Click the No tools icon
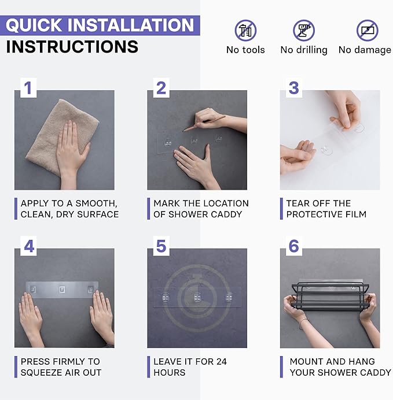[245, 31]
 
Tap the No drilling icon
[304, 31]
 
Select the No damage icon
[367, 31]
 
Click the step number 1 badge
[28, 88]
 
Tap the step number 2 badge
[161, 88]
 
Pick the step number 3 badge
[293, 88]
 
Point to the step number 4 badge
[28, 246]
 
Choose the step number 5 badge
[161, 246]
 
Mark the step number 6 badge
[293, 246]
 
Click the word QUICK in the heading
[34, 25]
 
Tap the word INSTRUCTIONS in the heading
[72, 47]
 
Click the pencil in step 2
[204, 124]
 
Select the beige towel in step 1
[62, 136]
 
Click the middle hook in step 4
[62, 290]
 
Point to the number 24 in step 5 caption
[221, 361]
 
